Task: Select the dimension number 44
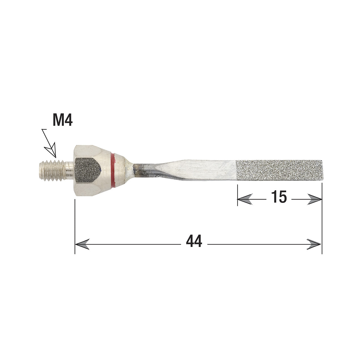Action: [x=194, y=242]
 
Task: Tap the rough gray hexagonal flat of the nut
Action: [x=87, y=169]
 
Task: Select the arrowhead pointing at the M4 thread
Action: [x=52, y=152]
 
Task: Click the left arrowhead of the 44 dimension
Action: [x=82, y=244]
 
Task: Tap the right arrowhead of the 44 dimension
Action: [x=314, y=244]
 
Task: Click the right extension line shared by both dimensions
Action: [x=322, y=221]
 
